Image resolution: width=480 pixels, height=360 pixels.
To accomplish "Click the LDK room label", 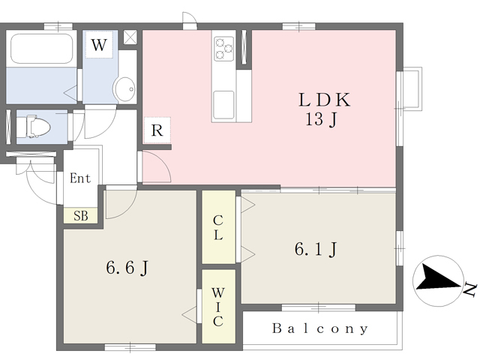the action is coord(325,100).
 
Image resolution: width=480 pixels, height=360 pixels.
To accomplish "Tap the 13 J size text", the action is coord(321,119).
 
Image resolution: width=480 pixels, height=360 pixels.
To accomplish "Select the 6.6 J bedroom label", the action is coord(127,268).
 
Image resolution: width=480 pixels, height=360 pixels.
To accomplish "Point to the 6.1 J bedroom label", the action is coord(316,249).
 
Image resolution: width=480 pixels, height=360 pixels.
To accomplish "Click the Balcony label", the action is coord(320,328).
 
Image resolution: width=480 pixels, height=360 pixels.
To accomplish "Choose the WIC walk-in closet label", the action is coord(217,307).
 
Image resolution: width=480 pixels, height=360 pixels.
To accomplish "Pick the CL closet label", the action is coord(217,227).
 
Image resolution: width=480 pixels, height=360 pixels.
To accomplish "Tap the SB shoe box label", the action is coord(81,216).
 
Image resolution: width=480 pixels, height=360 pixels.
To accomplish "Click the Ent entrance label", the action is coord(80,178).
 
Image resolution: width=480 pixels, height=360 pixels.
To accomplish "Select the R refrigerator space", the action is coord(157,130).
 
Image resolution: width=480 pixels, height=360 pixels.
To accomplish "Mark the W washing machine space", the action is coord(99,45).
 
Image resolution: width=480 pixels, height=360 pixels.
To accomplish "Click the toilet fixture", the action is coord(34,126).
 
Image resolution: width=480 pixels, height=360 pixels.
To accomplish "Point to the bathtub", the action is coord(42,48).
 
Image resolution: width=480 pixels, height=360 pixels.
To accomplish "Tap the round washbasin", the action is coord(124,89).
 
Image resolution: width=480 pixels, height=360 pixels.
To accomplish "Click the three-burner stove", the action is coord(223,48).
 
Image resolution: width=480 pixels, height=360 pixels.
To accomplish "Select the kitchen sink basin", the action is coord(223,105).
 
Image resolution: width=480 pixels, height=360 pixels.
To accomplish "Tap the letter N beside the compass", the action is coord(470,289).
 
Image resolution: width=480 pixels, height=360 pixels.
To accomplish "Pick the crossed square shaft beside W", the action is coord(130,37).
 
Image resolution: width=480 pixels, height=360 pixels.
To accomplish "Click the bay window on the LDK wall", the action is coord(410,88).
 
